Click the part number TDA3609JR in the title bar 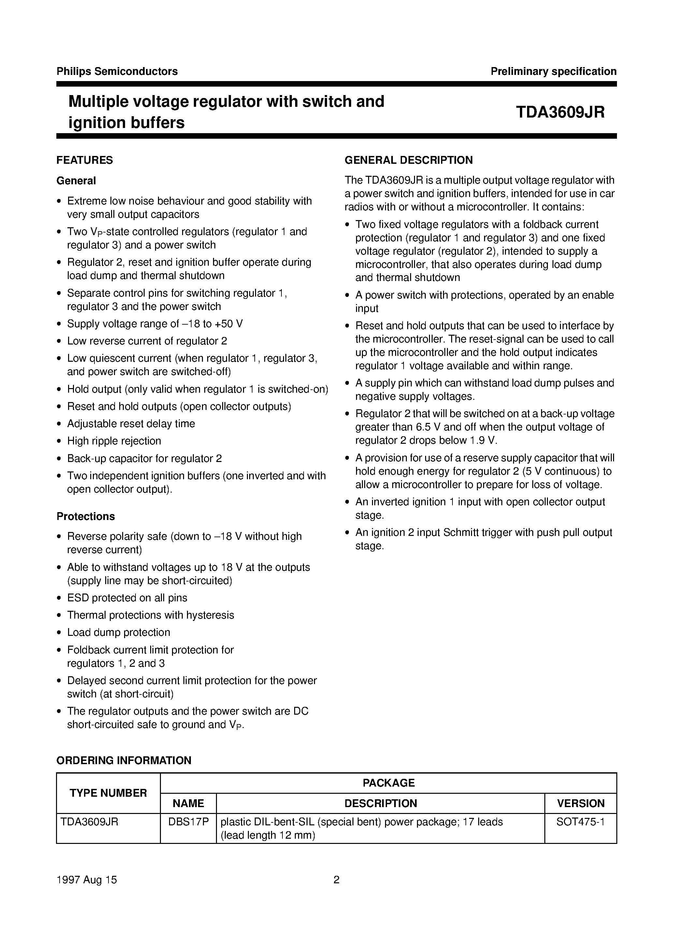(x=560, y=112)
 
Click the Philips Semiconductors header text (x=117, y=71)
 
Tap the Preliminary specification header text (x=553, y=71)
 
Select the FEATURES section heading (x=85, y=160)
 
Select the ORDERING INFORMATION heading (x=124, y=761)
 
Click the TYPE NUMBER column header (x=108, y=793)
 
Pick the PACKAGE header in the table (x=388, y=783)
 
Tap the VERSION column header (x=580, y=803)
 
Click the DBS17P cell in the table (x=188, y=821)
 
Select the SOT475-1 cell (x=580, y=821)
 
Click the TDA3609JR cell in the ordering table (x=90, y=821)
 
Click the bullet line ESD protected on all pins (x=127, y=597)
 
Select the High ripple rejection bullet (x=114, y=441)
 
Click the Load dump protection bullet (x=119, y=632)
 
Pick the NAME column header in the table (x=188, y=803)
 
